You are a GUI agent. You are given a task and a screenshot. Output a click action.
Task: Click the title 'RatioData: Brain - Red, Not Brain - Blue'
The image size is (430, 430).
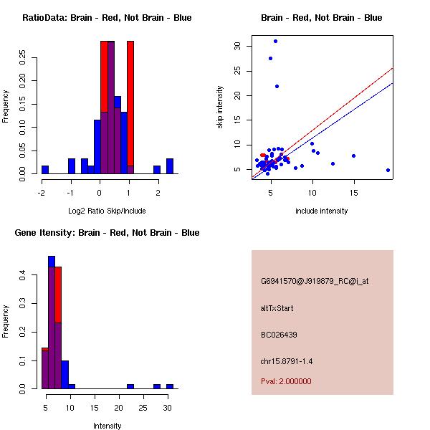[107, 18]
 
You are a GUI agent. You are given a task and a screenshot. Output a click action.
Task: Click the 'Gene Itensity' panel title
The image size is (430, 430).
[106, 233]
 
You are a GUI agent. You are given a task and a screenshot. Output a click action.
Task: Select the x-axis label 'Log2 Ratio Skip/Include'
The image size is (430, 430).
[107, 211]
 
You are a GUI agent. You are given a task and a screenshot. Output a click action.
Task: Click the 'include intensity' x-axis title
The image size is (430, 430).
[322, 211]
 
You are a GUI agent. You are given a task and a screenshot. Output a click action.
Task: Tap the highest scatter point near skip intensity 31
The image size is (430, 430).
[275, 41]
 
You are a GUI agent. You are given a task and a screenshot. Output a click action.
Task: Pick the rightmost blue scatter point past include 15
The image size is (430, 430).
[388, 170]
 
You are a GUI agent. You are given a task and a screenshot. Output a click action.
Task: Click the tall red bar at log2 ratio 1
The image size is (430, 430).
[130, 107]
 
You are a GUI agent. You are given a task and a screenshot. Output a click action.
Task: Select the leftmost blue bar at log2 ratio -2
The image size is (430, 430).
[45, 170]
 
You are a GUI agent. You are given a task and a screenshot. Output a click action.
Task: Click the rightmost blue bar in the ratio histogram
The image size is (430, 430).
[170, 166]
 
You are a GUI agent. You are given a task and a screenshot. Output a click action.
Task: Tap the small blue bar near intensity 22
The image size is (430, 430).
[130, 386]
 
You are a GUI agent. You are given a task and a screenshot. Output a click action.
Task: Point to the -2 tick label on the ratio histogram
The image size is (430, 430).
[42, 191]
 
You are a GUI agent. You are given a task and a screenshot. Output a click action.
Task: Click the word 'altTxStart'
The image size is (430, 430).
[277, 308]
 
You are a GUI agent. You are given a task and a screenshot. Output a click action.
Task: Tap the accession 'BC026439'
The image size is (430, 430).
[279, 335]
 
